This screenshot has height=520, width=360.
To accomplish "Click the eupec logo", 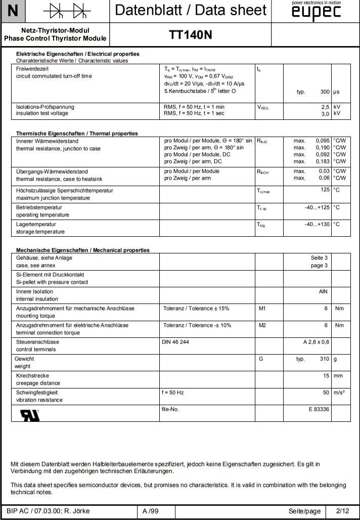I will (x=316, y=12).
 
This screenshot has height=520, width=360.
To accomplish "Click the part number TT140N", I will (x=190, y=34).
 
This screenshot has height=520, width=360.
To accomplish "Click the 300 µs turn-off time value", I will (x=325, y=93).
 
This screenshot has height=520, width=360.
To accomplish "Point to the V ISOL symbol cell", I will (x=263, y=107).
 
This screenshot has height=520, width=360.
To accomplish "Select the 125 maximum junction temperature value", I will (x=325, y=190).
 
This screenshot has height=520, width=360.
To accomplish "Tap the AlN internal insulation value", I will (x=324, y=292).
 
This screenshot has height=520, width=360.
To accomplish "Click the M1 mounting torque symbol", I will (x=262, y=308).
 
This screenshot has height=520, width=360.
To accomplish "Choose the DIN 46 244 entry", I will (x=175, y=342).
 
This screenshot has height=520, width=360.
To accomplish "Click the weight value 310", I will (x=324, y=359).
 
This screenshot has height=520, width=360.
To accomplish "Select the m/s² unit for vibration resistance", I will (x=340, y=393).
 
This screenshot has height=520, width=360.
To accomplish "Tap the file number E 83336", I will (x=319, y=409).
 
